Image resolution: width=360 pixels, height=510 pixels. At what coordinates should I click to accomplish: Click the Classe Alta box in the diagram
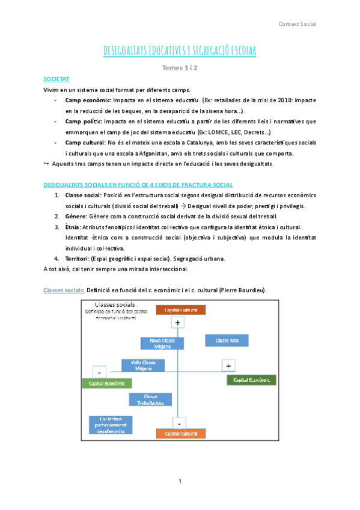224,340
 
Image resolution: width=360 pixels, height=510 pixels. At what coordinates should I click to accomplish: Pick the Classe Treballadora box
151,399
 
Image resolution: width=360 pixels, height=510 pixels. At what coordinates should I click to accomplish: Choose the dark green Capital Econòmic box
251,380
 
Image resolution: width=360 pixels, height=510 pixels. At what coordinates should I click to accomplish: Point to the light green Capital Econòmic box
106,382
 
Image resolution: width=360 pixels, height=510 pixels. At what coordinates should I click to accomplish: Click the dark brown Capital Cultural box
180,310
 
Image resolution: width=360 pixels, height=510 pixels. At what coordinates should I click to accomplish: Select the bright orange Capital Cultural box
180,434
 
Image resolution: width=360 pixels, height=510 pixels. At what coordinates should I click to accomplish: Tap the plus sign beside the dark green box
228,366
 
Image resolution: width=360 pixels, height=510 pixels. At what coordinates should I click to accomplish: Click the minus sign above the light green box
100,371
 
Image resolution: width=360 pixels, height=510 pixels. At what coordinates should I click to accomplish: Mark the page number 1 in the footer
180,482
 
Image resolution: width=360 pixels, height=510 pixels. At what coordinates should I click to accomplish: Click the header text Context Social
297,24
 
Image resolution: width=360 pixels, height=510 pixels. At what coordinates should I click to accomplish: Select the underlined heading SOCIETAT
56,79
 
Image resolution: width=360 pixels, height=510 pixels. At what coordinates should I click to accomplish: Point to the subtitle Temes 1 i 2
180,67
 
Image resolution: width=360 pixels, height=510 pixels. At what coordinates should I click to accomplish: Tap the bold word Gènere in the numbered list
76,216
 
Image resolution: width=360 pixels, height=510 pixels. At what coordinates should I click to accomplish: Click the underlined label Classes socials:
64,290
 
